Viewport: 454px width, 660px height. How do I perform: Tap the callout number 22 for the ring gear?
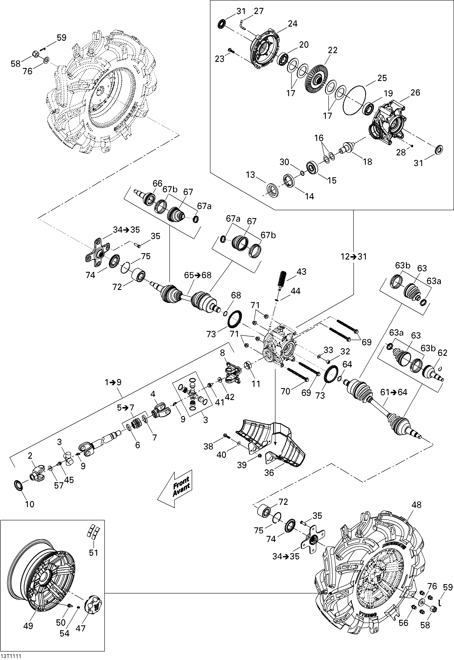333,50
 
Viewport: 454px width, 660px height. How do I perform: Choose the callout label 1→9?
113,382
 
